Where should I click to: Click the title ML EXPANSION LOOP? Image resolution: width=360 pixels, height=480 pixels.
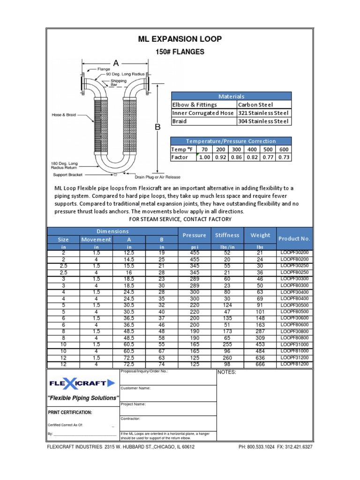[180, 39]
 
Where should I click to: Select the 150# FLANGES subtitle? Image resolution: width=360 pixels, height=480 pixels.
[180, 52]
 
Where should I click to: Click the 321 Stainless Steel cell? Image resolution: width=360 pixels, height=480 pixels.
[264, 113]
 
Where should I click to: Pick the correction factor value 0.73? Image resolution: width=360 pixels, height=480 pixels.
[284, 157]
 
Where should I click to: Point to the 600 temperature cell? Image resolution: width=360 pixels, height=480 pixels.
[284, 149]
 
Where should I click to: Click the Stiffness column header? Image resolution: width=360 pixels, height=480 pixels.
[227, 235]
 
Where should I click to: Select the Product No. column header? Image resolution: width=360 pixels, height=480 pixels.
[294, 239]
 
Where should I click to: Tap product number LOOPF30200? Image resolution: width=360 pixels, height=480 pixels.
[294, 253]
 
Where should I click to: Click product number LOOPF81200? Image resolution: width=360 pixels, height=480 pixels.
[294, 364]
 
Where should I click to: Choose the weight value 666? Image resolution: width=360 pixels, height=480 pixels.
[260, 364]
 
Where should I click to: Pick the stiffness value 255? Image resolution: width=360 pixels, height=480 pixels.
[227, 344]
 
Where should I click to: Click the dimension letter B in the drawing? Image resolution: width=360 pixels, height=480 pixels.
[158, 127]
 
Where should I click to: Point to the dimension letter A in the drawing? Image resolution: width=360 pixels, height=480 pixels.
[115, 63]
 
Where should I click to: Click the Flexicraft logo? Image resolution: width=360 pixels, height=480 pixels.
[82, 383]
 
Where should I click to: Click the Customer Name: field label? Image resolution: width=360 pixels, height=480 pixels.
[136, 388]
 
